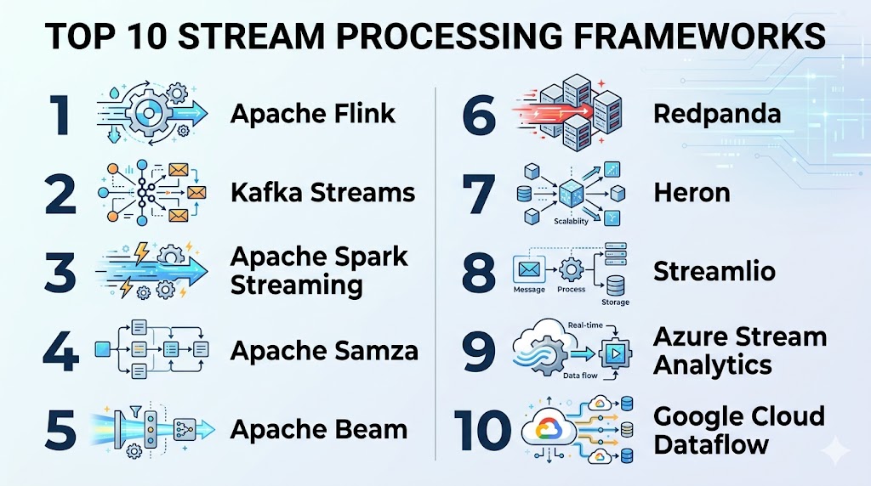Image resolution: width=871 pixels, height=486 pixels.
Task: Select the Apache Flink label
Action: point(313,113)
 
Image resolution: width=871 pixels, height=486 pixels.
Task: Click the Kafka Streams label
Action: point(322,192)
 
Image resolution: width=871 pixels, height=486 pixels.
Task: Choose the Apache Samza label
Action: point(324,350)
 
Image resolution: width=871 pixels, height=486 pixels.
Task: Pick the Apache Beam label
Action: point(318,430)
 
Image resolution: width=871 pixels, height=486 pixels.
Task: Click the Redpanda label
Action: point(717,113)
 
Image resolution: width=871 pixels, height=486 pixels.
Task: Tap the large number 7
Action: point(479,194)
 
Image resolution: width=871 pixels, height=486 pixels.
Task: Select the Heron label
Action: point(692,192)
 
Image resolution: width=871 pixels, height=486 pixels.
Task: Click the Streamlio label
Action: point(714,271)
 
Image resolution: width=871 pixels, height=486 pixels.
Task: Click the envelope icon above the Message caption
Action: point(530,270)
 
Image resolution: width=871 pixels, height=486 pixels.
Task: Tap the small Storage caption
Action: point(615,302)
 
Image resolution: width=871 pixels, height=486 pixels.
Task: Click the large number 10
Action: point(482,430)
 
